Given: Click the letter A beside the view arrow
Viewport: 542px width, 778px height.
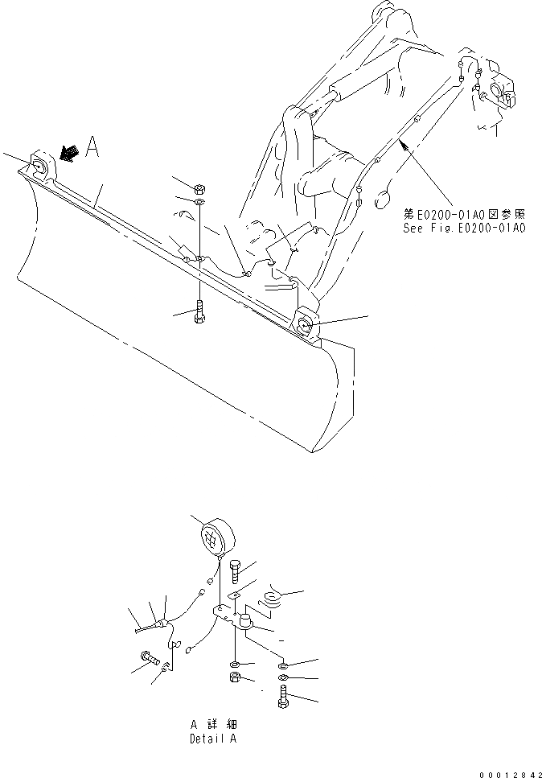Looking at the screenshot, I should tap(92, 147).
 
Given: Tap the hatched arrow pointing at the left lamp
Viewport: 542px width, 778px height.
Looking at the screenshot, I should tap(69, 153).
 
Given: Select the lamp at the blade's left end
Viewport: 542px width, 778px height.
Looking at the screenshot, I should tap(40, 168).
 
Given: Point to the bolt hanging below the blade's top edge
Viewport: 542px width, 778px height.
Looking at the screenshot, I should tap(199, 313).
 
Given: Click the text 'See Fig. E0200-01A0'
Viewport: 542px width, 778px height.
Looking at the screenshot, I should tap(465, 228).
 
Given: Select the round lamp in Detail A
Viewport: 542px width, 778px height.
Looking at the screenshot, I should tap(216, 536).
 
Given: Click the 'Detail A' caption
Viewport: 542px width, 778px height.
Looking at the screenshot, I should tap(213, 738).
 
